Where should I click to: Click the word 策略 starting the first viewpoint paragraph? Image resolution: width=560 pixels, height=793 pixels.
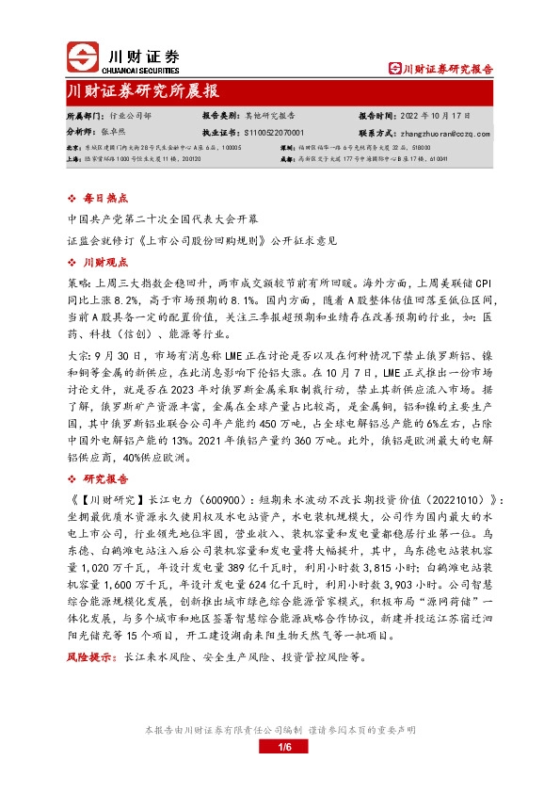[x=79, y=282]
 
